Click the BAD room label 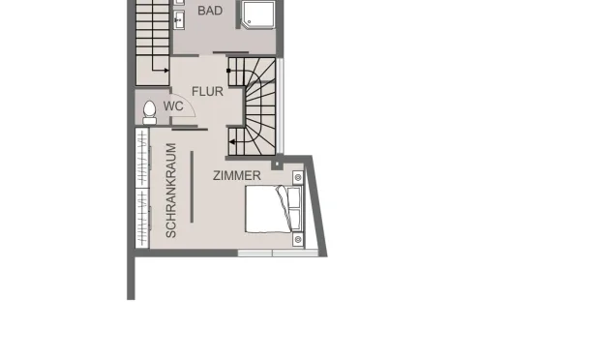[x=210, y=11]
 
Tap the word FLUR [x=207, y=92]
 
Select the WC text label [x=174, y=105]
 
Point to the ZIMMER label [x=237, y=175]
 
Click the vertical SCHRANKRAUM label [x=171, y=192]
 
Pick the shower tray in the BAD [x=259, y=15]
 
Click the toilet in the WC [x=150, y=111]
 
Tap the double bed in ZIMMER [x=268, y=210]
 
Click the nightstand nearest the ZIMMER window [x=297, y=239]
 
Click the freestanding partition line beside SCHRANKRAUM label [x=192, y=187]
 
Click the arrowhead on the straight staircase [x=167, y=70]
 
